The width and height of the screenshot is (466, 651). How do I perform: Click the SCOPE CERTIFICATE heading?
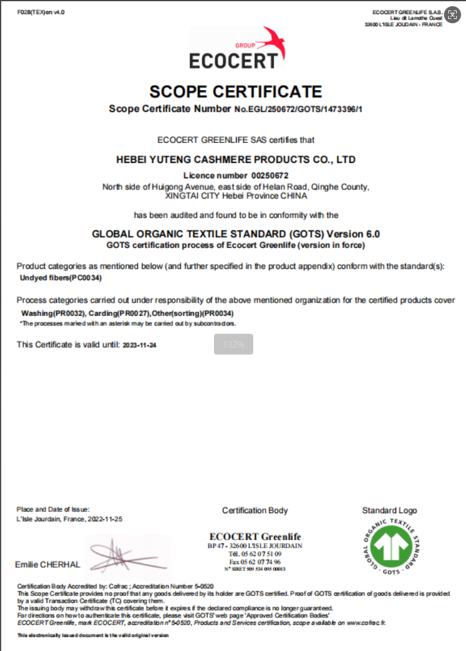[235, 92]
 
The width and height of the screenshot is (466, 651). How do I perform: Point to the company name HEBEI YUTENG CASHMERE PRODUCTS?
[236, 160]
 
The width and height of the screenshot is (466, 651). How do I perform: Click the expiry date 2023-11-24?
[140, 345]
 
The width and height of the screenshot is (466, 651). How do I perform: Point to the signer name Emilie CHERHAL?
[47, 565]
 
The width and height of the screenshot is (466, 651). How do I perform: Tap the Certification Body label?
[255, 510]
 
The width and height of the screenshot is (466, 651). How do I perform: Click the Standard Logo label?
[389, 510]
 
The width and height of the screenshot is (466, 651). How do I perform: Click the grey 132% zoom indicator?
[234, 344]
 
